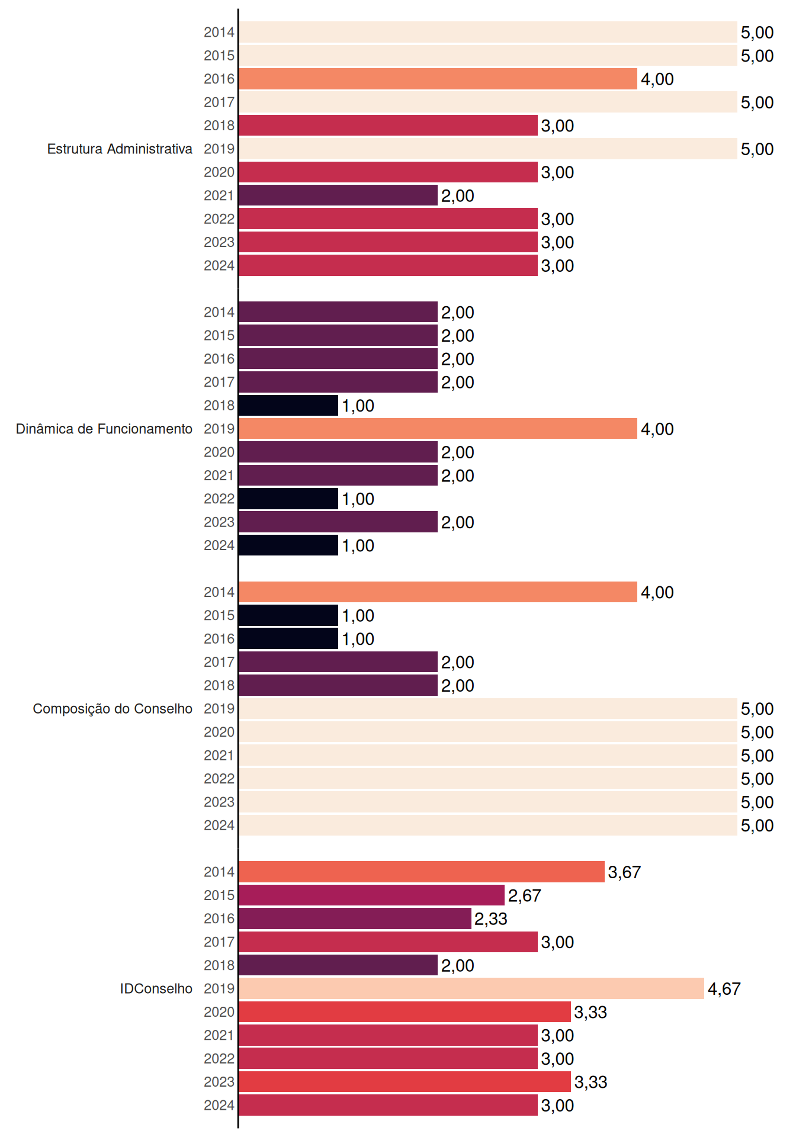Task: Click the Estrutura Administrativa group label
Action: point(120,149)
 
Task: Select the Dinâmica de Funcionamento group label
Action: point(104,429)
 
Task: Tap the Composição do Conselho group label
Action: point(113,709)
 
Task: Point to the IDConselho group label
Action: point(156,988)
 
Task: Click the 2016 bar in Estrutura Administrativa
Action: point(438,79)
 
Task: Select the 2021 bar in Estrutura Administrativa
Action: point(338,195)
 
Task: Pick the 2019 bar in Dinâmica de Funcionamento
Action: point(438,429)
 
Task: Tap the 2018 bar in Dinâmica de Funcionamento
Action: point(288,405)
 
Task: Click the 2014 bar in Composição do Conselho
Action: point(438,592)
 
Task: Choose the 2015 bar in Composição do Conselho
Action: point(288,615)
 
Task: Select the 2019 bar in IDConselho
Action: point(471,988)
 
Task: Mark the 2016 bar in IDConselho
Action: point(355,918)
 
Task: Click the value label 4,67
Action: point(724,989)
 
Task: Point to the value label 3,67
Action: point(624,872)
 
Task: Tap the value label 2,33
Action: point(491,919)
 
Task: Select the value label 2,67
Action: point(525,895)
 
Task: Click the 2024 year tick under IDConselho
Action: point(219,1105)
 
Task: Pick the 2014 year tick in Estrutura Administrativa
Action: point(219,32)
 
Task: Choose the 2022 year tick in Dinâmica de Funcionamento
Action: point(219,499)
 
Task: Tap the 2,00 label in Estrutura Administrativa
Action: point(458,196)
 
